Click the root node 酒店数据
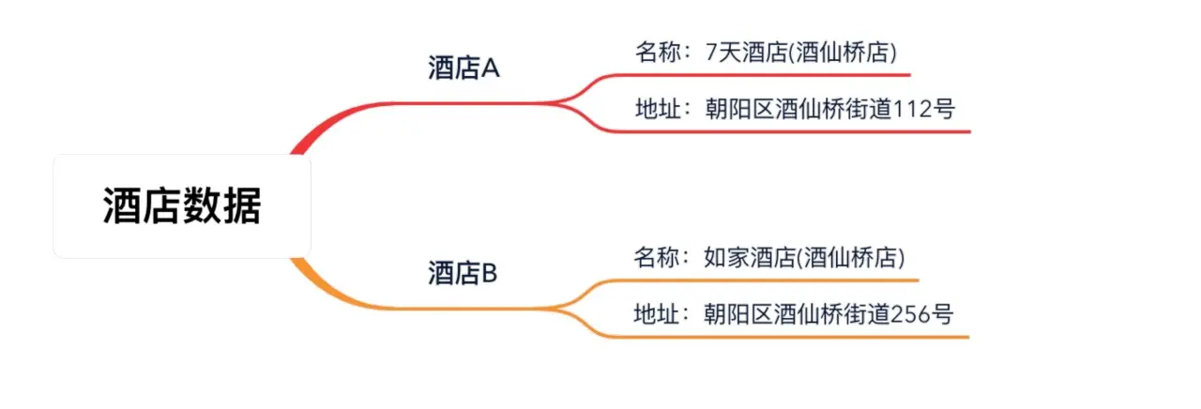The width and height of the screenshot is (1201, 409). point(181,206)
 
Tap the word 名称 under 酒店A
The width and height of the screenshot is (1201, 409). point(654,52)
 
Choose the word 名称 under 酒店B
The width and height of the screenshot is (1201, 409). point(654,257)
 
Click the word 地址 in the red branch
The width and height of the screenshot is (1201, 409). point(654,109)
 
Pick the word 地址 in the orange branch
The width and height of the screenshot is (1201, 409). point(654,313)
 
